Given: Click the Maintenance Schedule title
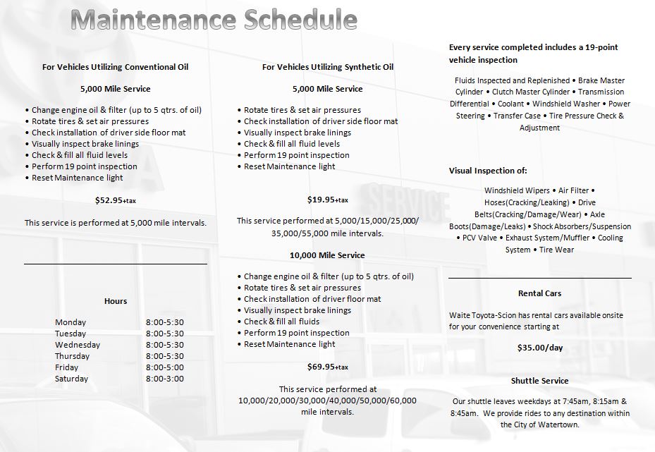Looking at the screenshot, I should (x=214, y=20).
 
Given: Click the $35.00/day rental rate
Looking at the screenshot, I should (x=540, y=347).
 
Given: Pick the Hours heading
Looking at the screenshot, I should (x=116, y=301).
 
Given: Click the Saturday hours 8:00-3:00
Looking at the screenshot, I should (x=165, y=379).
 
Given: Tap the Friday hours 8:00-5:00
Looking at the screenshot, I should (x=165, y=367).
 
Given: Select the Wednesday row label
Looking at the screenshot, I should (x=78, y=345).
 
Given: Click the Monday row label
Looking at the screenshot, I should (x=71, y=322).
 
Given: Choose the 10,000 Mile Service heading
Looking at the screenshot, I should (x=327, y=255).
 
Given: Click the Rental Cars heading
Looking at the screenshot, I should (x=540, y=293).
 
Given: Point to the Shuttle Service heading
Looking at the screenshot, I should (x=540, y=381).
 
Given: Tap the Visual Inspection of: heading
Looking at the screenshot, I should (x=488, y=171).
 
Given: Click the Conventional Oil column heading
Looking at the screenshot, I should (x=116, y=67).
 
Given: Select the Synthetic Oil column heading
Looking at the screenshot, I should (x=327, y=67).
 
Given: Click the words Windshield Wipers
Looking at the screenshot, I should (x=518, y=190).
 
